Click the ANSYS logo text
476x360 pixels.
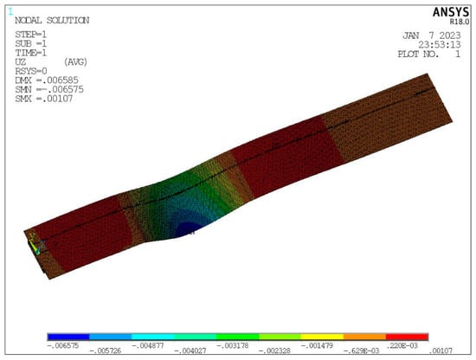coord(451,12)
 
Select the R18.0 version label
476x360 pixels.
coord(460,22)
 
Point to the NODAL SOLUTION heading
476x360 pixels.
coord(52,21)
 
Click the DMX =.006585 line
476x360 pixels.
coord(47,80)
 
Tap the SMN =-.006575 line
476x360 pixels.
coord(49,89)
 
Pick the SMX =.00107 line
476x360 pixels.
coord(44,99)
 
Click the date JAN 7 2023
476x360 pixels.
coord(432,35)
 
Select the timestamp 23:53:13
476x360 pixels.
coord(440,45)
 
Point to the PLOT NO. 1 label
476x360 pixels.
coord(429,55)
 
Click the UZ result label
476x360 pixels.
coord(21,62)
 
